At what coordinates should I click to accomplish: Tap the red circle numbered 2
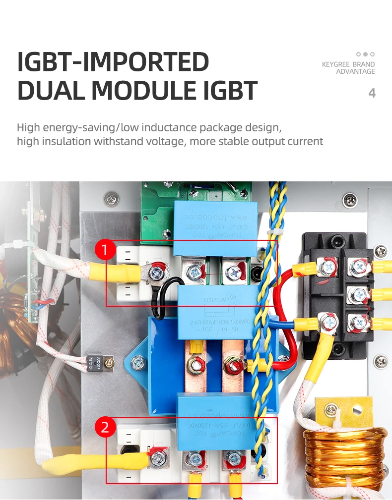pyautogui.click(x=105, y=427)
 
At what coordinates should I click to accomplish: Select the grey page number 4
pyautogui.click(x=372, y=93)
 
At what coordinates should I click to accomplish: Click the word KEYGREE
pyautogui.click(x=336, y=64)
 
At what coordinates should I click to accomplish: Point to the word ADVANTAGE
pyautogui.click(x=355, y=72)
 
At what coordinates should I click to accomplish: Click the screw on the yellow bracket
pyautogui.click(x=329, y=410)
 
